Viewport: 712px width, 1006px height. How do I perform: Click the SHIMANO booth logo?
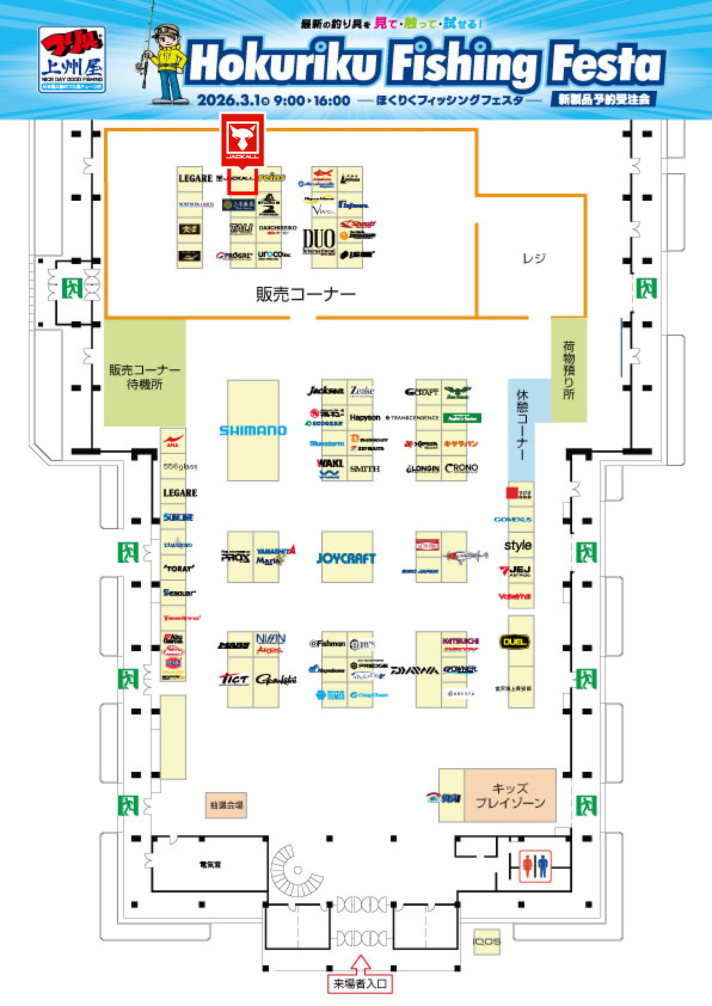pos(253,430)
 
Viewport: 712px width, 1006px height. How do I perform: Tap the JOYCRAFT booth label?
pos(346,559)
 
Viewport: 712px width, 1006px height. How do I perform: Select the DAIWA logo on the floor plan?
pos(415,670)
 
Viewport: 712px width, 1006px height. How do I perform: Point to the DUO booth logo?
pos(318,241)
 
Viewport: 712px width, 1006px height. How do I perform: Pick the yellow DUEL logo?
pos(514,642)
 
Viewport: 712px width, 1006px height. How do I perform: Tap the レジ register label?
pos(534,258)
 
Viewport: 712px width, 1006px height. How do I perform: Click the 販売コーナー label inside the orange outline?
pos(306,293)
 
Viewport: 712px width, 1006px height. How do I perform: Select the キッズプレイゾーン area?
pos(510,796)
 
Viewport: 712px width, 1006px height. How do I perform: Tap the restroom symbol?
pos(535,866)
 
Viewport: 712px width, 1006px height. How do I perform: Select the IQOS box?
pos(487,942)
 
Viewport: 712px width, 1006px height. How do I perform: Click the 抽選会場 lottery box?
pos(226,805)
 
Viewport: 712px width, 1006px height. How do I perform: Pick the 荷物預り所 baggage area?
pos(568,370)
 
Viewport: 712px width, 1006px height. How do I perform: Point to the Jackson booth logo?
pos(326,391)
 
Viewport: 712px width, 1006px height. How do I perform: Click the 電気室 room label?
pos(210,864)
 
